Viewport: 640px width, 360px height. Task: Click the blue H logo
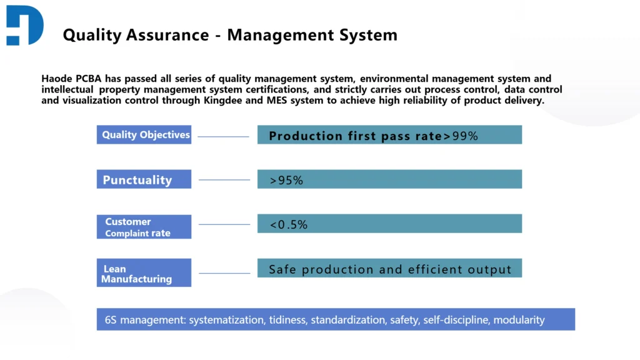coord(25,25)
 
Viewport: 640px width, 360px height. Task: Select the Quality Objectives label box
coord(144,135)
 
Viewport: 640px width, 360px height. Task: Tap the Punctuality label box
coord(144,179)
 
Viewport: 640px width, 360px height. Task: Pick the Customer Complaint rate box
coord(144,227)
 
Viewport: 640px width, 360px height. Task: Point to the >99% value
coord(461,136)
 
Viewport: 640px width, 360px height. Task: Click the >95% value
coord(286,180)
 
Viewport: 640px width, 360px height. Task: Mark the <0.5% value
coord(288,224)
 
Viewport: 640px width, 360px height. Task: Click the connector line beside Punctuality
coord(224,180)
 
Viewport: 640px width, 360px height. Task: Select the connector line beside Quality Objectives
coord(224,136)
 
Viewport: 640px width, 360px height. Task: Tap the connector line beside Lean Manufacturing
coord(224,273)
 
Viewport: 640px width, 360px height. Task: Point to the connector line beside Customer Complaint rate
coord(224,224)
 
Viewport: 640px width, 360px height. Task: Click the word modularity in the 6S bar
coord(519,320)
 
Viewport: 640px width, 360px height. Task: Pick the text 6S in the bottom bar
coord(111,320)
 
